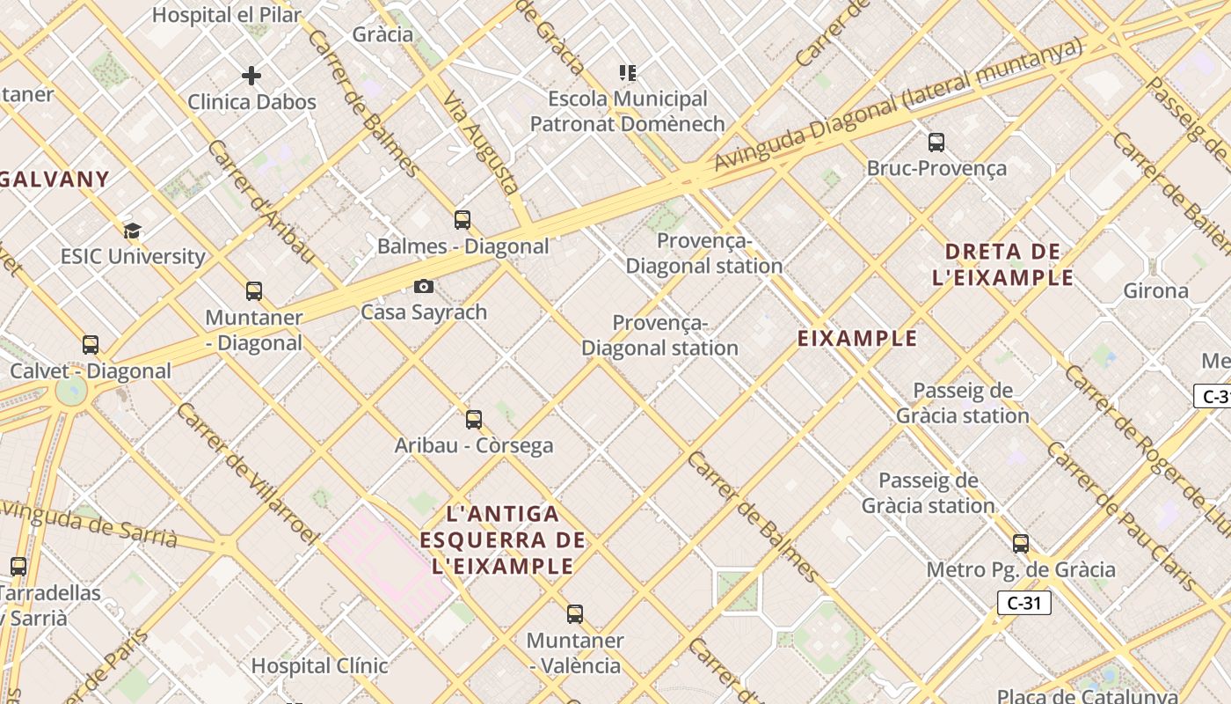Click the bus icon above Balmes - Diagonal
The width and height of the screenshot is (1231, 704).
click(463, 220)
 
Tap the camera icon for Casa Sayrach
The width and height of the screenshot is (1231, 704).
click(424, 286)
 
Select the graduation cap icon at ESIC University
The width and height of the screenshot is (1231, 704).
click(132, 231)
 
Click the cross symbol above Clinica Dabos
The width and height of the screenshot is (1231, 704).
click(251, 76)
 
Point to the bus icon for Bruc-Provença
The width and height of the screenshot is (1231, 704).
click(936, 142)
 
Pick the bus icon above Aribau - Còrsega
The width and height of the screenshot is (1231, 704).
click(474, 419)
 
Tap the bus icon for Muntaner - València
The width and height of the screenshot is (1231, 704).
click(575, 613)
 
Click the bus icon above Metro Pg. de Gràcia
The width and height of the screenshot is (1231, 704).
click(1021, 543)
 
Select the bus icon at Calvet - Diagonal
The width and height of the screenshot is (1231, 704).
click(91, 344)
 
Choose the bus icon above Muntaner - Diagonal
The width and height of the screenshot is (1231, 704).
click(254, 290)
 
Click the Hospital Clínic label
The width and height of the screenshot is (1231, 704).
click(319, 665)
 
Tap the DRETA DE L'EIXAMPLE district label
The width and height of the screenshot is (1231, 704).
click(1002, 265)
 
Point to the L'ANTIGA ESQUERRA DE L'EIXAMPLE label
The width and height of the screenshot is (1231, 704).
click(502, 539)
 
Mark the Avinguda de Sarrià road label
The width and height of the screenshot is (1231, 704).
click(88, 523)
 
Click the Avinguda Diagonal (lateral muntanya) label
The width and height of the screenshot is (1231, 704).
click(897, 106)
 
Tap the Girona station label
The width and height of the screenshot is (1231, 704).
click(1155, 290)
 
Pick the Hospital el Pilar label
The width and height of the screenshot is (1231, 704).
click(227, 15)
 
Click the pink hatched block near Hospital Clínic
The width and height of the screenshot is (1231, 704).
click(387, 554)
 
